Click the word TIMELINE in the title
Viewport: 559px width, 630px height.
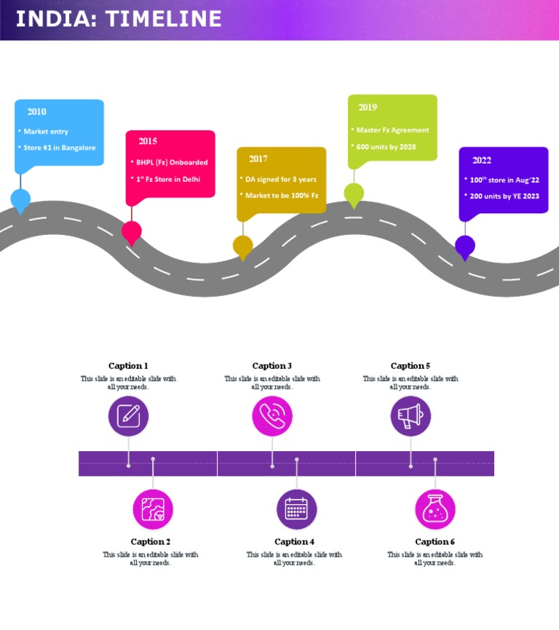point(164,19)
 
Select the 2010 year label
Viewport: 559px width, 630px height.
point(36,112)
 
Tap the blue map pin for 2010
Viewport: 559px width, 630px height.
point(20,199)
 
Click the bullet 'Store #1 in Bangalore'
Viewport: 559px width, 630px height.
point(59,148)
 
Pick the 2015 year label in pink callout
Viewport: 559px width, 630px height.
point(148,141)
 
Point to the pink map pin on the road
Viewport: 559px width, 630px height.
point(132,231)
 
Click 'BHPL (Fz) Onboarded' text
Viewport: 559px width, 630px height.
point(172,162)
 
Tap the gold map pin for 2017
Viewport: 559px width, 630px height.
point(243,246)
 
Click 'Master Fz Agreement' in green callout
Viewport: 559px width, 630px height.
point(392,130)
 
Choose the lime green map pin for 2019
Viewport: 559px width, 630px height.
point(354,193)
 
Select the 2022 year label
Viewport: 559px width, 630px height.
point(482,161)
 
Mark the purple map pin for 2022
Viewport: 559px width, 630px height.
point(465,246)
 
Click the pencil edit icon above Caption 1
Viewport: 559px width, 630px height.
point(129,415)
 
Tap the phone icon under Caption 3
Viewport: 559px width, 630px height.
point(272,415)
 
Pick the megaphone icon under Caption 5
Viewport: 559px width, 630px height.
point(411,415)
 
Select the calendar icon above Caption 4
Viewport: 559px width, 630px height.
point(296,509)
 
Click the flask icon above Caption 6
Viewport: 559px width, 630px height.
point(435,509)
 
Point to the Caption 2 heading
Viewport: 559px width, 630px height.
point(151,541)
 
